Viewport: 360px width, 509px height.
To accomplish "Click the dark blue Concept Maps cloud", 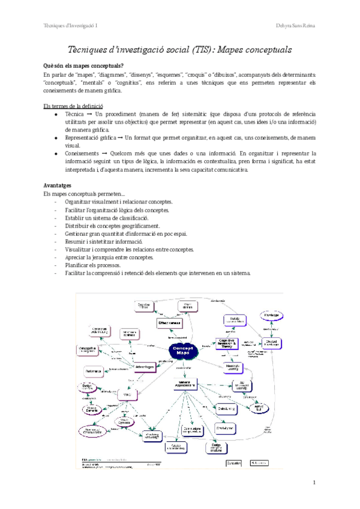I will (182, 351).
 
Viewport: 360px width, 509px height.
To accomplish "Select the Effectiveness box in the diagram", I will (170, 324).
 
